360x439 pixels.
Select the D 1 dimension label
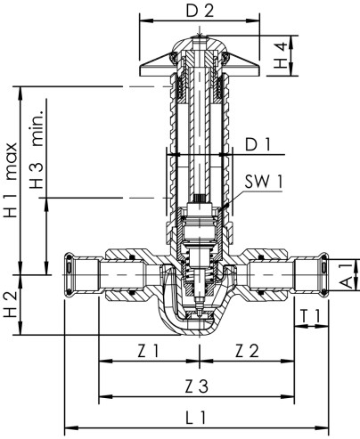pyautogui.click(x=258, y=142)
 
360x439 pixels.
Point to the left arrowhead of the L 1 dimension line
pyautogui.click(x=69, y=427)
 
